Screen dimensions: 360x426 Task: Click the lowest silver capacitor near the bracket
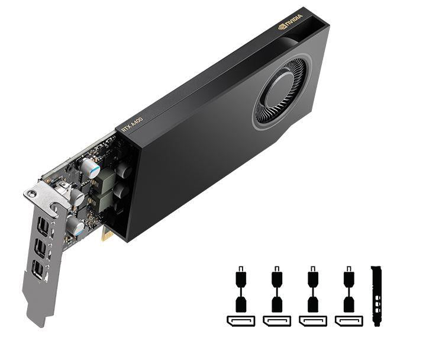tap(75, 226)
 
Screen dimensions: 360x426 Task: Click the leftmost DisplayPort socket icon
tap(240, 321)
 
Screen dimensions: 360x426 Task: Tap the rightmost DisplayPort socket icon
tap(349, 321)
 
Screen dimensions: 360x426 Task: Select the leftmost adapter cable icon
tap(240, 290)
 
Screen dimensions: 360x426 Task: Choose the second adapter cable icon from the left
tap(276, 290)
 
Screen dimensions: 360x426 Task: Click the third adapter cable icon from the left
tap(313, 290)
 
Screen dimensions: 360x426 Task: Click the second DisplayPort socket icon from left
tap(276, 321)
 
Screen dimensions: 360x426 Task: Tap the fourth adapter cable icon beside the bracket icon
tap(349, 290)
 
